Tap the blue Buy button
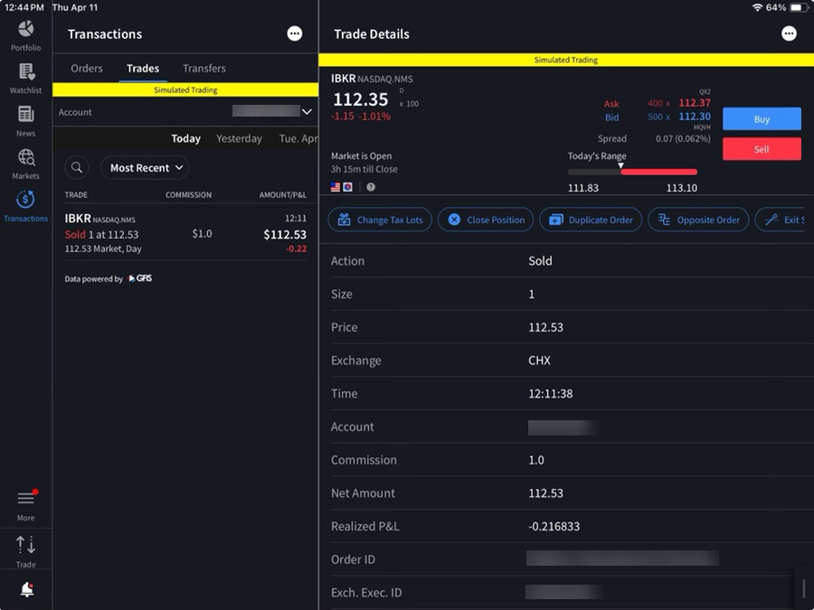coord(762,119)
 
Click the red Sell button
coord(762,149)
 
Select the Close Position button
coord(486,220)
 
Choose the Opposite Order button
coord(698,220)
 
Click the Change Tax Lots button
coord(380,220)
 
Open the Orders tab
coord(87,69)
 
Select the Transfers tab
coord(204,69)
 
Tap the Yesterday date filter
coord(239,139)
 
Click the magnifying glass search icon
coord(77,168)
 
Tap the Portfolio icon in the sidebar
coord(25,34)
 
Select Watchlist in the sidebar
coord(25,78)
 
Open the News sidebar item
coord(25,120)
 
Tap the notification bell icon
coord(26,589)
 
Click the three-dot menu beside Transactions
coord(295,33)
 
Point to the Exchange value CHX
coord(540,361)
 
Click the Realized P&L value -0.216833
coord(554,526)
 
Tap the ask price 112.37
coord(695,103)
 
